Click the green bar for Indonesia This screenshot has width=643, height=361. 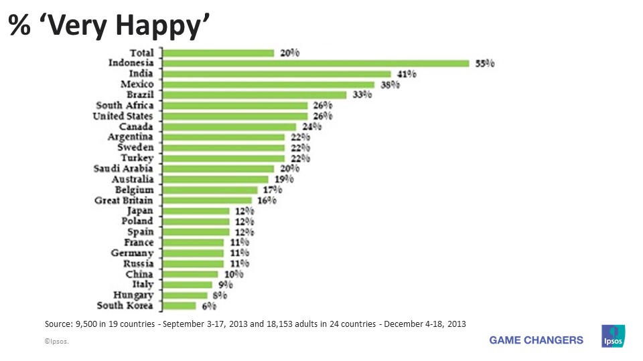point(315,64)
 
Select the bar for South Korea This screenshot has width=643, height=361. point(180,306)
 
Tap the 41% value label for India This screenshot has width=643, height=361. point(407,74)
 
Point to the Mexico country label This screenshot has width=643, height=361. point(137,84)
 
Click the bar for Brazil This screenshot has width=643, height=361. point(255,95)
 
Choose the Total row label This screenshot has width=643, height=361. point(141,53)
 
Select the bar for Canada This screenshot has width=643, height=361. point(229,127)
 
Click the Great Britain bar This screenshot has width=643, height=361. point(207,201)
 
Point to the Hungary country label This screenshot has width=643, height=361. point(133,295)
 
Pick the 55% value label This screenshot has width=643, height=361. point(485,64)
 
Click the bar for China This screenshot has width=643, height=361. point(190,274)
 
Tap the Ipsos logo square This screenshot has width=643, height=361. point(614,336)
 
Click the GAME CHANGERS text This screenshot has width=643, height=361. point(536,340)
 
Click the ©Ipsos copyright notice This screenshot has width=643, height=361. point(56,342)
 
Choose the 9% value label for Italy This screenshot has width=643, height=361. point(224,285)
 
